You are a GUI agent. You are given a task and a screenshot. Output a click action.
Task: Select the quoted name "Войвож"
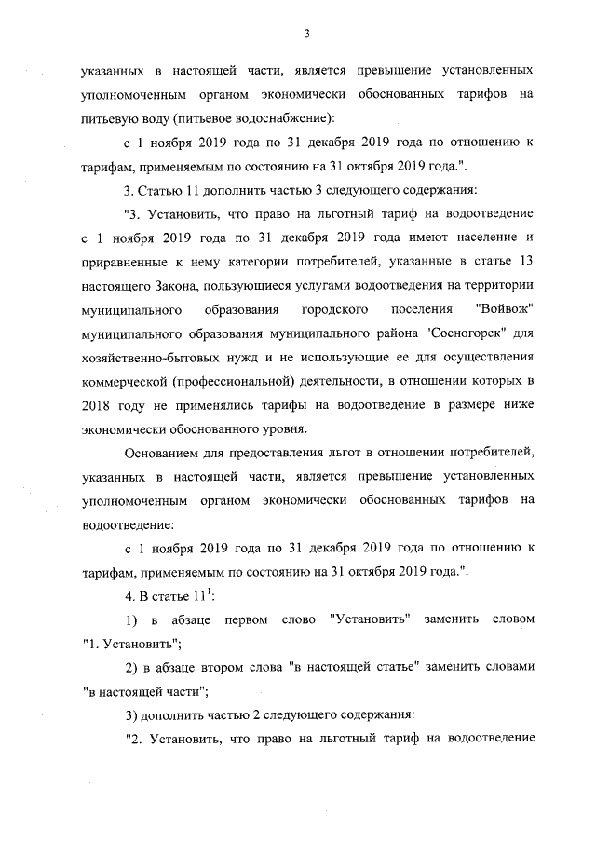coord(504,306)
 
